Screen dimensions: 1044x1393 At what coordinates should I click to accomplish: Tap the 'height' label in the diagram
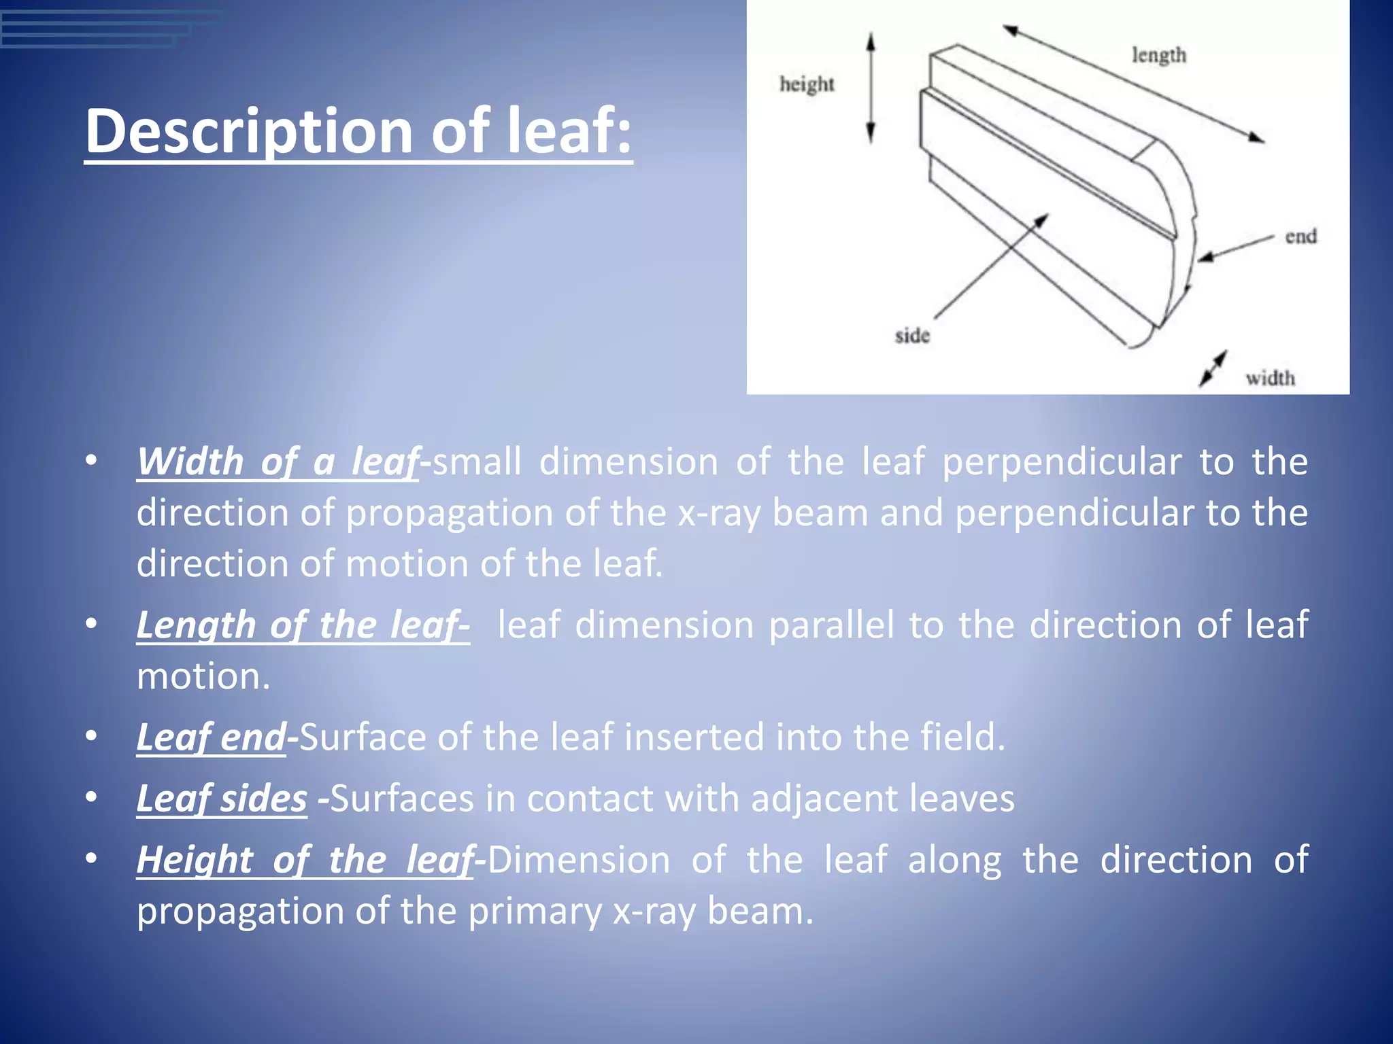807,84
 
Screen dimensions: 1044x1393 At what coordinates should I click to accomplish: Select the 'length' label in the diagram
1158,55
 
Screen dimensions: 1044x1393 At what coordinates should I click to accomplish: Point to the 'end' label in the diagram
1300,237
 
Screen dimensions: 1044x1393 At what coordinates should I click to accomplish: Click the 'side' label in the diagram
912,336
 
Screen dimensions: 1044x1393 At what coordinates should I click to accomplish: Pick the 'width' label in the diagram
1270,378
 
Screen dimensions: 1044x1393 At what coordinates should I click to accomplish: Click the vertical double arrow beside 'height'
870,88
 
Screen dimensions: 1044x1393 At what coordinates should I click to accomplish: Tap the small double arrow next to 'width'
1213,369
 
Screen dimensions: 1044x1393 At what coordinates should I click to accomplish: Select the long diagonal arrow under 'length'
1133,84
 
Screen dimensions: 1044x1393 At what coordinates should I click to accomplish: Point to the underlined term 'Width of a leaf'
278,462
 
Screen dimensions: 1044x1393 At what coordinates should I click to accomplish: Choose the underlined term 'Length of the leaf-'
303,625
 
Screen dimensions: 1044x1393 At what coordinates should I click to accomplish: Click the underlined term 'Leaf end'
211,737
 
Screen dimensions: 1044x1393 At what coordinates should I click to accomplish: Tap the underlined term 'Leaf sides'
222,798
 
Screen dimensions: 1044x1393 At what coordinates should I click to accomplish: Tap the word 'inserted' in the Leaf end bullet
694,737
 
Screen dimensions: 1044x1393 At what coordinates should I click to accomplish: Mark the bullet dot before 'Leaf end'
91,737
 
